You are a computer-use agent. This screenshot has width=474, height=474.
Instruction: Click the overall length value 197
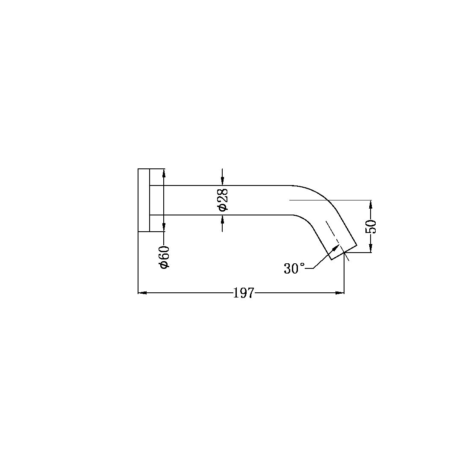(x=244, y=293)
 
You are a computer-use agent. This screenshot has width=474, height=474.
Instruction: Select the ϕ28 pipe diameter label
(x=223, y=200)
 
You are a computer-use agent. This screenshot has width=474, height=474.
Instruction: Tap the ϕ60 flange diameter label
(x=164, y=257)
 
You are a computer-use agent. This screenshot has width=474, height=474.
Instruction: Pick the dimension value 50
(x=371, y=226)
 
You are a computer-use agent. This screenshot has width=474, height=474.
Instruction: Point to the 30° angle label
(x=294, y=268)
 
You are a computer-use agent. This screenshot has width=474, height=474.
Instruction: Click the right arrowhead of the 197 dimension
(x=340, y=293)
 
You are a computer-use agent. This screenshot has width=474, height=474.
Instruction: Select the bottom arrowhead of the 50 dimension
(x=371, y=249)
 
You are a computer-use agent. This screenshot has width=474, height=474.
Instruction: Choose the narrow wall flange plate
(x=144, y=200)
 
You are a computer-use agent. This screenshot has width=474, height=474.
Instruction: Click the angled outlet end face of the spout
(x=344, y=253)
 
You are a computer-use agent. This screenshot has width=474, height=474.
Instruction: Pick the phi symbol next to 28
(x=223, y=207)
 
